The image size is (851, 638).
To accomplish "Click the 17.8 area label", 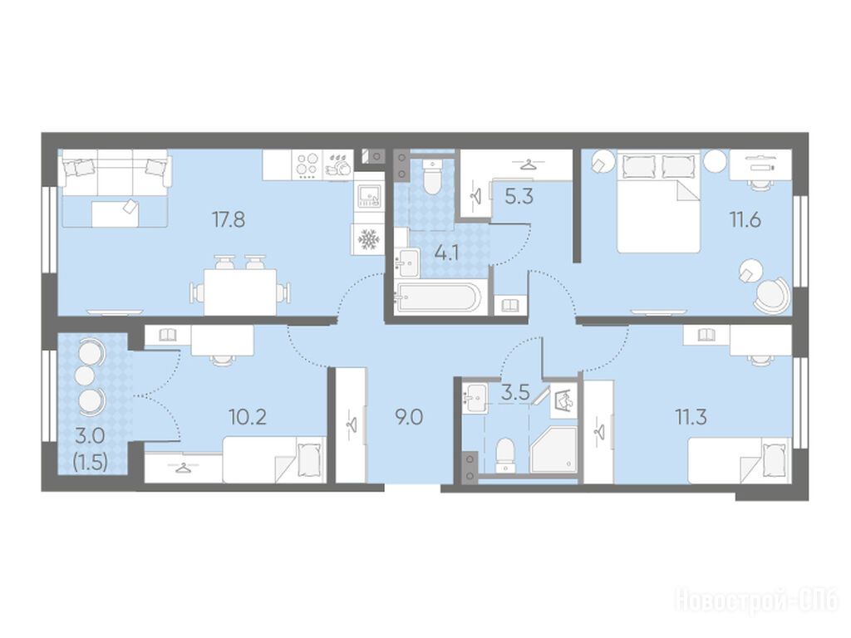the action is (x=229, y=219).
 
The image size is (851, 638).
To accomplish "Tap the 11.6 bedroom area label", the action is (x=745, y=219).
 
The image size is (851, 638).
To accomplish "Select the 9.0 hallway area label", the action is (x=409, y=417).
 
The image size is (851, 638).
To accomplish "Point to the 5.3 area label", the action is (x=519, y=196).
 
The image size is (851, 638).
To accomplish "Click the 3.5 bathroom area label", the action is (x=515, y=392).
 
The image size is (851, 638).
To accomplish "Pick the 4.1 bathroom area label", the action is (x=446, y=253).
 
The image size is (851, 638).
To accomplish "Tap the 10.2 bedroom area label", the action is (x=248, y=417).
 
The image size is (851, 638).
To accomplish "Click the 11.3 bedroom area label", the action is (x=691, y=417).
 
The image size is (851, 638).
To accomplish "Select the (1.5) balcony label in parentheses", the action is (x=90, y=462).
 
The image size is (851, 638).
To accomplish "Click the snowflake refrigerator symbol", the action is (x=368, y=239).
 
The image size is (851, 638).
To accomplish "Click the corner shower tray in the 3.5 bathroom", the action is (x=553, y=449).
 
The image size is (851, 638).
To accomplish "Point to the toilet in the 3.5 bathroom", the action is (x=505, y=454).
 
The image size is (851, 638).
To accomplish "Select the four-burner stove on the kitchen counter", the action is (x=307, y=165).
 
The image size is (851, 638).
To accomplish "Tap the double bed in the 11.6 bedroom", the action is (x=659, y=201).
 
